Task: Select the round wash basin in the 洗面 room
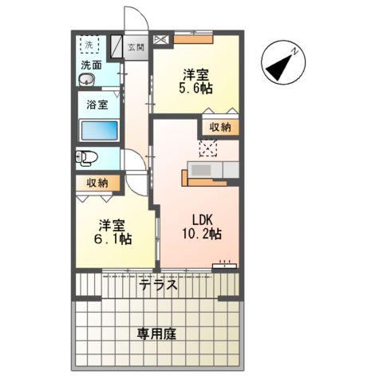click(x=87, y=81)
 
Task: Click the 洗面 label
click(x=90, y=65)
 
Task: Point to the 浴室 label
click(x=97, y=104)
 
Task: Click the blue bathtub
click(x=100, y=131)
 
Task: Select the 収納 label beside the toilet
click(x=98, y=183)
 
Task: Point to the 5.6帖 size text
click(x=194, y=89)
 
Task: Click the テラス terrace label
click(x=157, y=284)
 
